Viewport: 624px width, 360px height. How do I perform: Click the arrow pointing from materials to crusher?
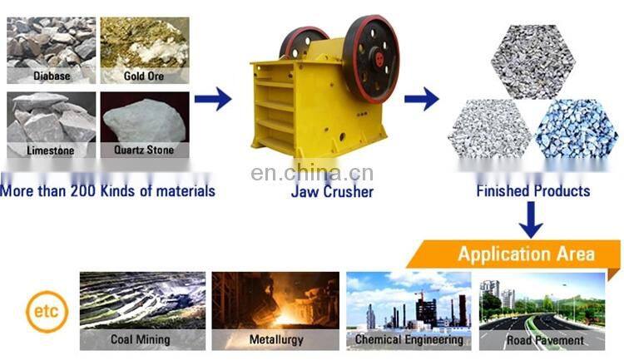[213, 101]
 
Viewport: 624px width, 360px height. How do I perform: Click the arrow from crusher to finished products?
[422, 101]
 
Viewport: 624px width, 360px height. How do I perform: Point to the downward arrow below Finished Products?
[531, 221]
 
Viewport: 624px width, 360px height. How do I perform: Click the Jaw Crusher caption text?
[332, 192]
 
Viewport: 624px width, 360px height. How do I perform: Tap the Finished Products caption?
[533, 192]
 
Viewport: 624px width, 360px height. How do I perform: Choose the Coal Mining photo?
[142, 303]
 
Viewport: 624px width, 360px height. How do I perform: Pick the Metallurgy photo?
[275, 303]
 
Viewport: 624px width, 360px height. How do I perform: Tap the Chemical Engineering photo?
[409, 303]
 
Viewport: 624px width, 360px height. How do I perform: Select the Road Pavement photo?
[543, 303]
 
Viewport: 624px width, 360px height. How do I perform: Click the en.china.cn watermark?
[311, 174]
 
